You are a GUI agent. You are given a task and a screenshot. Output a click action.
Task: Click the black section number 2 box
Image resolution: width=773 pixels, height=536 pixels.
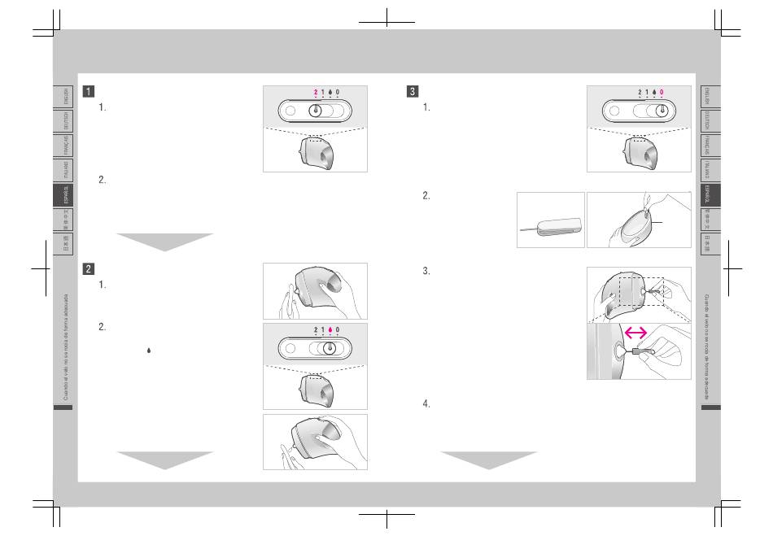[x=87, y=268]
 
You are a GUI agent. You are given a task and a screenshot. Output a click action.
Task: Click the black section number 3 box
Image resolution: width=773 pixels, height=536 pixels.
[x=413, y=91]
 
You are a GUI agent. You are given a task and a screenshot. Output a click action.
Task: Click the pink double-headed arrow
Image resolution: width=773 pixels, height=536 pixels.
[x=635, y=332]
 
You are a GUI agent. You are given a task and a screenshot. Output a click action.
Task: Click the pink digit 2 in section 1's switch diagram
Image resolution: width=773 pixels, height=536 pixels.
[x=316, y=93]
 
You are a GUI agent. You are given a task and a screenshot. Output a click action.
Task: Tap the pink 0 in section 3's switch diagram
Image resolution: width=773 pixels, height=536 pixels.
[x=662, y=93]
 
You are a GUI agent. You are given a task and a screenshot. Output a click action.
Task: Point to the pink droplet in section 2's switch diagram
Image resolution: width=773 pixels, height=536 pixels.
[x=330, y=331]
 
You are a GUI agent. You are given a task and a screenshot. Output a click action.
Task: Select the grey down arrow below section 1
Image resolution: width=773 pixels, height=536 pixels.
[x=164, y=242]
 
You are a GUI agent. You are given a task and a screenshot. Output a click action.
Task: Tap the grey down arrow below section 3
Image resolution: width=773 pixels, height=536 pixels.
[x=489, y=460]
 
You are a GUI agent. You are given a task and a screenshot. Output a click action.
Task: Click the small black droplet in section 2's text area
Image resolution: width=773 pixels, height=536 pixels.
[x=148, y=350]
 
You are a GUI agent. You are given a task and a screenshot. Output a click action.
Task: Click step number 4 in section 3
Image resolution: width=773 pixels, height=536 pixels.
[x=426, y=403]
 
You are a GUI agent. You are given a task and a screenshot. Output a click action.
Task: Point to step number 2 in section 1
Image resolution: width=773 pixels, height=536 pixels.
[x=102, y=180]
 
